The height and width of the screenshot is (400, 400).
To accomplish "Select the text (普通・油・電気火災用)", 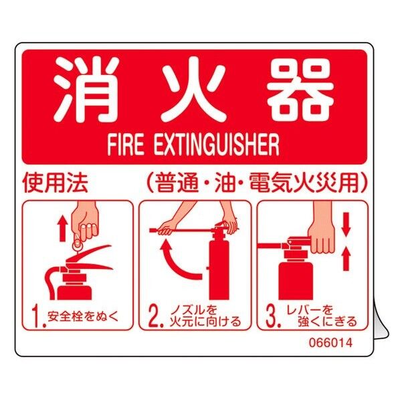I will (255, 183).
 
